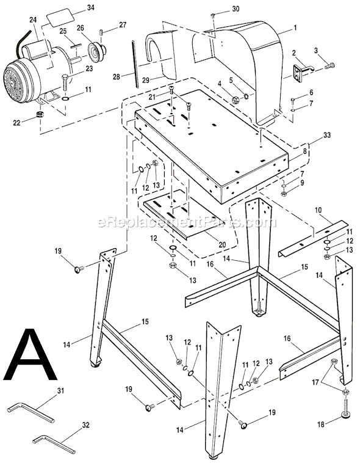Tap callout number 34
click(x=90, y=8)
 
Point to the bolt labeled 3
click(x=328, y=65)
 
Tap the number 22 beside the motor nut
click(x=17, y=122)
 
